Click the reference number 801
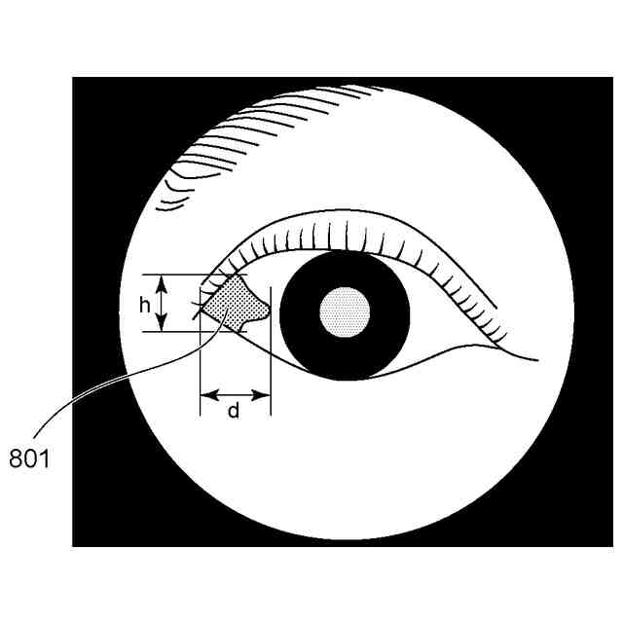29,457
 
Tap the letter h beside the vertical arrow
144,304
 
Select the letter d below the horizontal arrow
234,412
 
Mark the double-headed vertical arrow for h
164,303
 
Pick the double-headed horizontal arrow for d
234,395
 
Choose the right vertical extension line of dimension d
270,380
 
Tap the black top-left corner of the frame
92,97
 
